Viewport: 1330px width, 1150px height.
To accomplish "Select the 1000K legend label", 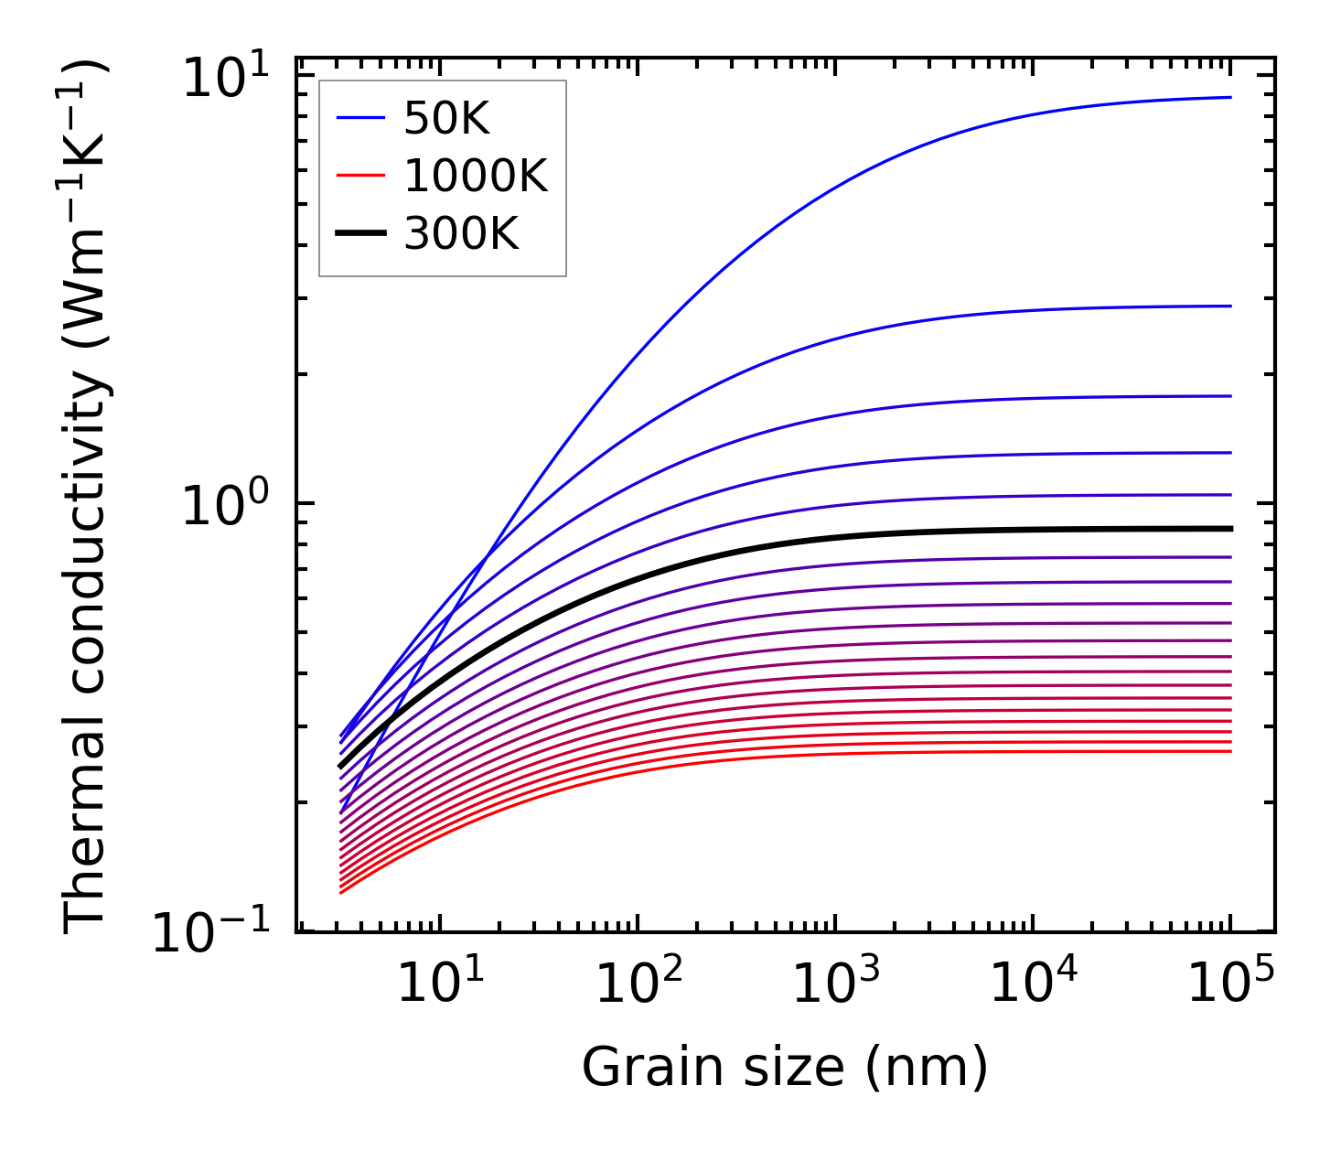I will pos(475,176).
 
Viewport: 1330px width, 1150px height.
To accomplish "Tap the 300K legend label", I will pos(461,234).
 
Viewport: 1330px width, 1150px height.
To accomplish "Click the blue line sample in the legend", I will pos(361,118).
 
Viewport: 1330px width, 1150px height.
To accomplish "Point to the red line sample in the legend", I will pos(361,176).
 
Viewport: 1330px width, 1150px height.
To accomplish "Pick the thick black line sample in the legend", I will pos(361,234).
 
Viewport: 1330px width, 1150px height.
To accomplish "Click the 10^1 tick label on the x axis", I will pos(441,983).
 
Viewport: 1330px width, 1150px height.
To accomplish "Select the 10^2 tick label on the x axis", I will pos(638,983).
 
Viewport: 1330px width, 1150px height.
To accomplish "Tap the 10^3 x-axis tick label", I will pos(836,983).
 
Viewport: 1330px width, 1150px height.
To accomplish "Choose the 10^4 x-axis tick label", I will pos(1034,983).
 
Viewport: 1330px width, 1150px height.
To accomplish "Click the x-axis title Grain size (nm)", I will pos(785,1068).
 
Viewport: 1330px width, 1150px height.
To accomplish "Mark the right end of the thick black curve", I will pos(1231,529).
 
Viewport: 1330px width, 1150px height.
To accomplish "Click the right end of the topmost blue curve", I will pos(1231,97).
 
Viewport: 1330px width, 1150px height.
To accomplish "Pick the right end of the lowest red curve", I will pos(1231,751).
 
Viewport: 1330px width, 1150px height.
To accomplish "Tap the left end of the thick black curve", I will pos(340,767).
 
